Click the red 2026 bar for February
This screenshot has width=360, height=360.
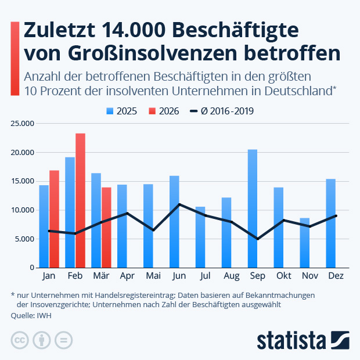(80, 200)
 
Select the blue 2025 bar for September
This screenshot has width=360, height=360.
(253, 208)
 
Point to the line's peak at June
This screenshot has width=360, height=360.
(180, 204)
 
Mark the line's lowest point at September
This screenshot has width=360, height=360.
(257, 239)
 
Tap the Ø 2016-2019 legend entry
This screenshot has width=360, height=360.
(222, 111)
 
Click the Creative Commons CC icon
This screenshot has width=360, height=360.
(20, 340)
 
